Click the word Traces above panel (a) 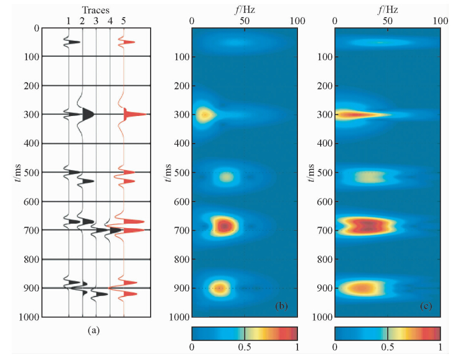pos(95,10)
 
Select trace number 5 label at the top pos(124,21)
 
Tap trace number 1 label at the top pos(68,21)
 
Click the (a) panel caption pos(93,330)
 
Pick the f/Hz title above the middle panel pos(244,8)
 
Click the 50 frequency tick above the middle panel pos(244,20)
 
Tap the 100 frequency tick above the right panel pos(440,20)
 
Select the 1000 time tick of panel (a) pos(28,317)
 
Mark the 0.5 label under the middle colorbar pos(244,347)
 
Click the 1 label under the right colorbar pos(440,347)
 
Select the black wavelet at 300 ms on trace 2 pos(87,114)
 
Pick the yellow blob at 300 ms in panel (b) pos(205,115)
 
